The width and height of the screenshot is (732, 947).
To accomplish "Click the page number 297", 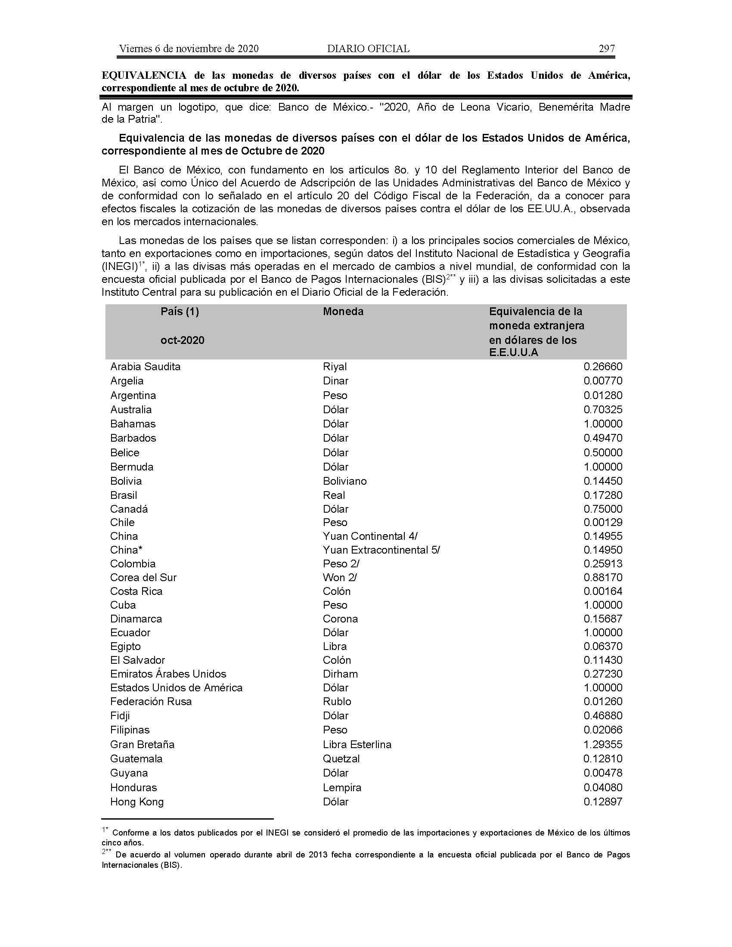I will coord(606,49).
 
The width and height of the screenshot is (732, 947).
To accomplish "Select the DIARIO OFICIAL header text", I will coord(368,49).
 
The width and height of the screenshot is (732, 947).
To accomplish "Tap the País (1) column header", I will coord(180,311).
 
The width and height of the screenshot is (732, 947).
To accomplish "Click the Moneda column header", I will coord(343,311).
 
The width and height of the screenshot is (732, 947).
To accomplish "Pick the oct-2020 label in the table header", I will coord(182,340).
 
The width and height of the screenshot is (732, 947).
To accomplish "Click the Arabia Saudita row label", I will coord(145,366).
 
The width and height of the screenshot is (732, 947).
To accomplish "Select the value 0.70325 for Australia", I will coord(603,409).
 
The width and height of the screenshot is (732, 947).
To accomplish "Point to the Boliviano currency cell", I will coord(344,481).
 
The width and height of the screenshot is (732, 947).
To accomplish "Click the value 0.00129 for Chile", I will coord(603,522).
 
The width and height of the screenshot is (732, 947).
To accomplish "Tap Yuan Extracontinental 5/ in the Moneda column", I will coord(381,550).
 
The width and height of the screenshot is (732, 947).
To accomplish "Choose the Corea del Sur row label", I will coord(143,577).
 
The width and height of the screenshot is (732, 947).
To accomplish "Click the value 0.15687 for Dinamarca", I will coord(603,619).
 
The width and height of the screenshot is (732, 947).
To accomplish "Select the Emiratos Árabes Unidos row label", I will coord(168,674).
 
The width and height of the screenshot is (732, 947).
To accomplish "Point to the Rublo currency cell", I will coord(337,701).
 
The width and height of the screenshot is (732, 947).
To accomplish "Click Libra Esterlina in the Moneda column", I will coord(357,745).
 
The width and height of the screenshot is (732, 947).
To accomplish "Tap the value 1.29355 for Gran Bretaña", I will coord(603,745).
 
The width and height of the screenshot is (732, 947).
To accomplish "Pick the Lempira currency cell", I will coord(342,787).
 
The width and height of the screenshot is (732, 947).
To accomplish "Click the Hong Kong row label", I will coord(136,802).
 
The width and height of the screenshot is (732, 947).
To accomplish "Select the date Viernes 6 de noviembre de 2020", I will coord(189,49).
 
